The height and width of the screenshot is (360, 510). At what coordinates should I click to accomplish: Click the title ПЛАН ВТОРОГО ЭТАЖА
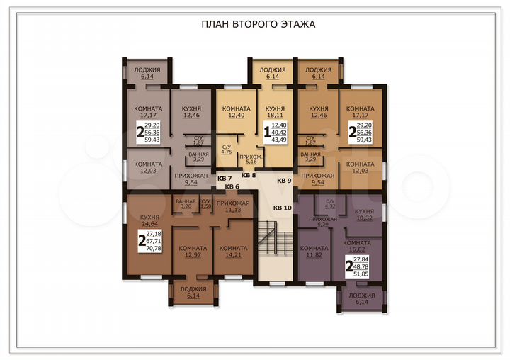pos(258,24)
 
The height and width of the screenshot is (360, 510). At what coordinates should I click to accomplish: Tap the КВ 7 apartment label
pos(225,178)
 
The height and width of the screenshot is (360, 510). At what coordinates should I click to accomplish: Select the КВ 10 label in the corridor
pos(283,207)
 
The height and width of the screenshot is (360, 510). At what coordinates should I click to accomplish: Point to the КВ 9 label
pos(284,181)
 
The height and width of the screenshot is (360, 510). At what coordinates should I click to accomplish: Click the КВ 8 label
pos(249,174)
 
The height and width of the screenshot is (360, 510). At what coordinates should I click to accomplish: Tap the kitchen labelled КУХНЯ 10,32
pos(364,215)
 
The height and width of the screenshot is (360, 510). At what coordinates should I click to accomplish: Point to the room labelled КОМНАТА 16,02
pos(357,246)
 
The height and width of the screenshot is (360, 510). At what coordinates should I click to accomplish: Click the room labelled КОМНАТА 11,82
pos(313,252)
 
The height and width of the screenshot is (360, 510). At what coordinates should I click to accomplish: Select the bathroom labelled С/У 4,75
pos(227,148)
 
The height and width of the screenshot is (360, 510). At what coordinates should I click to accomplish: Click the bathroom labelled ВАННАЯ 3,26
pos(186,204)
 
